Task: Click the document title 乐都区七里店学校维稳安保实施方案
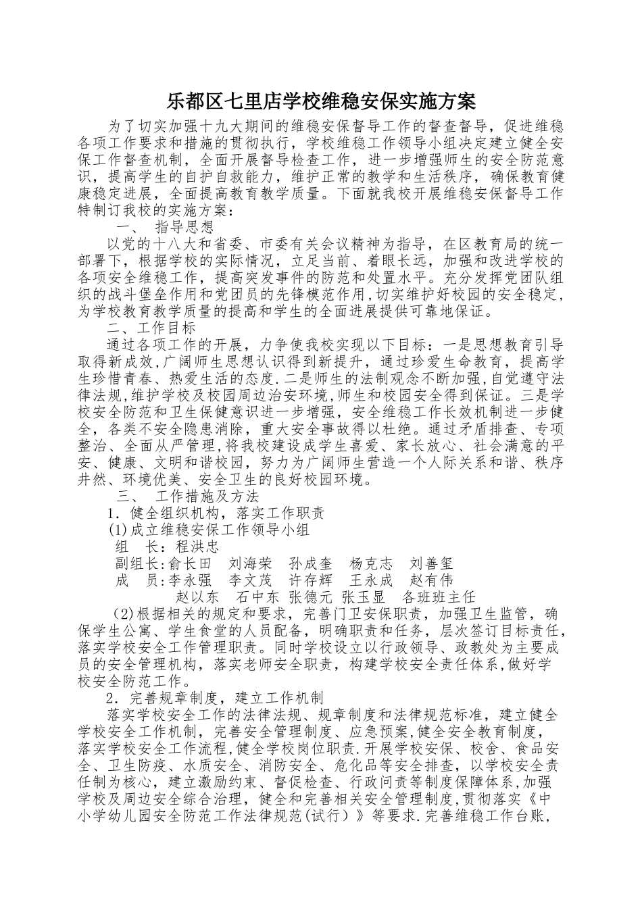point(321,102)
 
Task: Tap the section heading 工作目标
point(167,328)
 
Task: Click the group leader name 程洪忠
point(187,547)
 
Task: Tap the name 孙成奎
point(311,563)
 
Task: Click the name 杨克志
point(371,563)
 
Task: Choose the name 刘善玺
point(431,563)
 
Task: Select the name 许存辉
point(311,580)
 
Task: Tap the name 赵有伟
point(431,580)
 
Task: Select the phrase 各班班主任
point(439,597)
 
